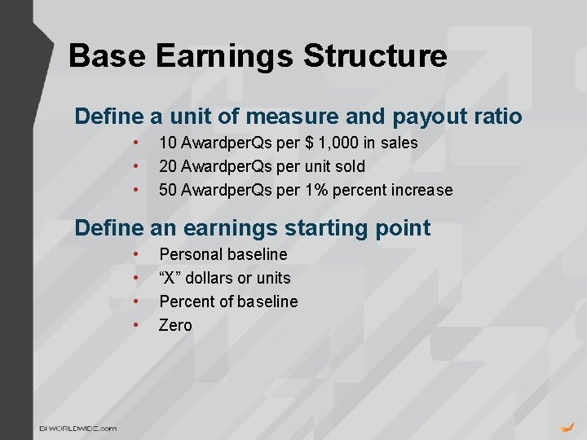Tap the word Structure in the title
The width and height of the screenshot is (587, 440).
(375, 56)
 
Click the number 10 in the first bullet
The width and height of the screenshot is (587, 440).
(169, 143)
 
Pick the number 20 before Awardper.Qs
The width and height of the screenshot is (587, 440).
(169, 166)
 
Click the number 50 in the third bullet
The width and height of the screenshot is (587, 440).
(169, 190)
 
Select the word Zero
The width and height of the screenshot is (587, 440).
(175, 325)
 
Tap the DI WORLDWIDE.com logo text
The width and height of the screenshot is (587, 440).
(79, 428)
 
